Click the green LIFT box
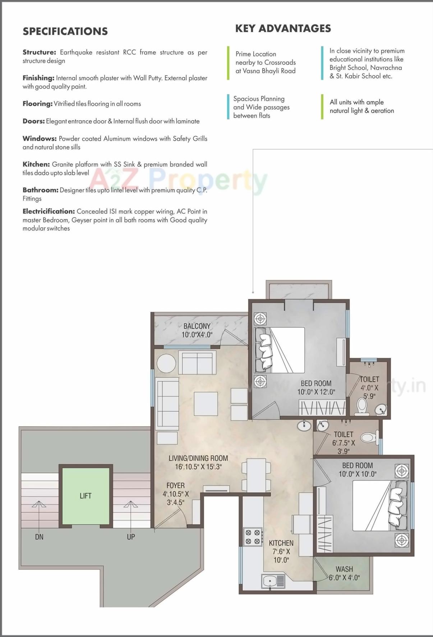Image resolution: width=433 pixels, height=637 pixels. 86,496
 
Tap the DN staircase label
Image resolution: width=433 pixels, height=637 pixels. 39,537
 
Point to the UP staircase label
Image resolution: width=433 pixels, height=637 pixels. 131,537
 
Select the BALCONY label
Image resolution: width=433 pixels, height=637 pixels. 197,326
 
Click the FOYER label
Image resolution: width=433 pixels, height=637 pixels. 175,485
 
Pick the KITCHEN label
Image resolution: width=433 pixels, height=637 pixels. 281,543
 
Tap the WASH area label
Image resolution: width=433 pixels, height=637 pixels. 344,569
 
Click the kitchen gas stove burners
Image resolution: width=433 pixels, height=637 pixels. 253,537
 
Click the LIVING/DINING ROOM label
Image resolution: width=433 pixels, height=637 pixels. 198,458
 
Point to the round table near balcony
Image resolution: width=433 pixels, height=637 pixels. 166,363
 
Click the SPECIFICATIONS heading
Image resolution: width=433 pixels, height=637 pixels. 65,31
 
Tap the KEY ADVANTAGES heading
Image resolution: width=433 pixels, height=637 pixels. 283,29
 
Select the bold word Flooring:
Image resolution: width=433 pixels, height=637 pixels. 37,104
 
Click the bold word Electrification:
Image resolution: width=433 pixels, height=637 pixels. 49,211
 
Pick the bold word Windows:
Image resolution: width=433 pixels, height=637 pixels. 40,139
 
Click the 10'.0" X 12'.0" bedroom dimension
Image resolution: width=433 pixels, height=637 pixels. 316,392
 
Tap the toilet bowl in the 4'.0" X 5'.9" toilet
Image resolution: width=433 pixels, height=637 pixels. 362,406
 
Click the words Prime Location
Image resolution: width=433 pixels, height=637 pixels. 255,54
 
